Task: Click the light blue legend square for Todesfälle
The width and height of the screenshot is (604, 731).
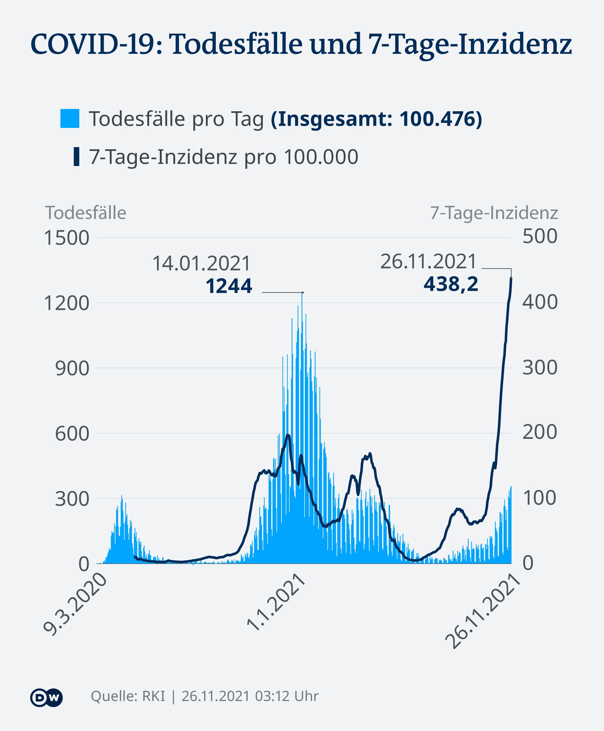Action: [70, 118]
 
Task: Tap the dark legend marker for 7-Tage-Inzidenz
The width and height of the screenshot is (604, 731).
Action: [76, 157]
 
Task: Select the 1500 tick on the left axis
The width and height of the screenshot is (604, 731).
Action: [66, 238]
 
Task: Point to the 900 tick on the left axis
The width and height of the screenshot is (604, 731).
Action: [72, 368]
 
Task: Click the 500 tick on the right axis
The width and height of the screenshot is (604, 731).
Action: [540, 236]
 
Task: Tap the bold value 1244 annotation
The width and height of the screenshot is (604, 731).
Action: [229, 286]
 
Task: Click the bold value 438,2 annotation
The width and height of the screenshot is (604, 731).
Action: [450, 284]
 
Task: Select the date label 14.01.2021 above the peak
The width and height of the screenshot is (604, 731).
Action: [201, 263]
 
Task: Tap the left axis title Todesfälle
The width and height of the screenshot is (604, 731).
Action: [86, 213]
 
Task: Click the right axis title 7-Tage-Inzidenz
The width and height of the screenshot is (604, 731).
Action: [494, 213]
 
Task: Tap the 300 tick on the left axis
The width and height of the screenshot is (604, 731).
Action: [72, 499]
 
